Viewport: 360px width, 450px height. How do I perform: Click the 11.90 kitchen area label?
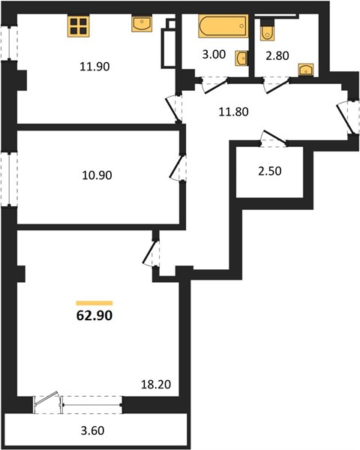[x=94, y=67]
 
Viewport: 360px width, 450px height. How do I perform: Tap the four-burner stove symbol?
[x=78, y=26]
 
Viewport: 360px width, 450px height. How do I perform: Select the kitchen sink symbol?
[x=142, y=24]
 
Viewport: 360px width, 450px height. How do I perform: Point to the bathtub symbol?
[x=223, y=26]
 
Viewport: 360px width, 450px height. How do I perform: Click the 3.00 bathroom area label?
[x=214, y=54]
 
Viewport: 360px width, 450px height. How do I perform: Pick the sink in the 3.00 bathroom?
[x=241, y=58]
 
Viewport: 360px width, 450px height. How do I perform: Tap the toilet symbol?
[x=267, y=31]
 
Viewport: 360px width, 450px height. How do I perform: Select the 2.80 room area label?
[x=277, y=55]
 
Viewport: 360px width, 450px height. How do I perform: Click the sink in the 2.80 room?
[x=306, y=70]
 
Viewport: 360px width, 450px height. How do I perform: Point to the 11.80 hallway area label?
[x=233, y=112]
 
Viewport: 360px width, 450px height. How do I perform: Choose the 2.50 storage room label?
[x=270, y=171]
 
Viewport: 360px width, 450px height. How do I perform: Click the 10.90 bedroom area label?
[x=97, y=175]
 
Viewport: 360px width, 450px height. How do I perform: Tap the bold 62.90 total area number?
[x=94, y=316]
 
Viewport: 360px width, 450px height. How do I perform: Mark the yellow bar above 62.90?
[x=94, y=303]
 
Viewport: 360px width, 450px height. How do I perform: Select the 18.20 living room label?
[x=156, y=384]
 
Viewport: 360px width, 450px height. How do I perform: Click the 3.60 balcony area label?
[x=92, y=430]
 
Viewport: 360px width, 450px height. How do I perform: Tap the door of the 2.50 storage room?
[x=274, y=139]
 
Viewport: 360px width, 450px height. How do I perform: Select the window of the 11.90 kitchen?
[x=9, y=43]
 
